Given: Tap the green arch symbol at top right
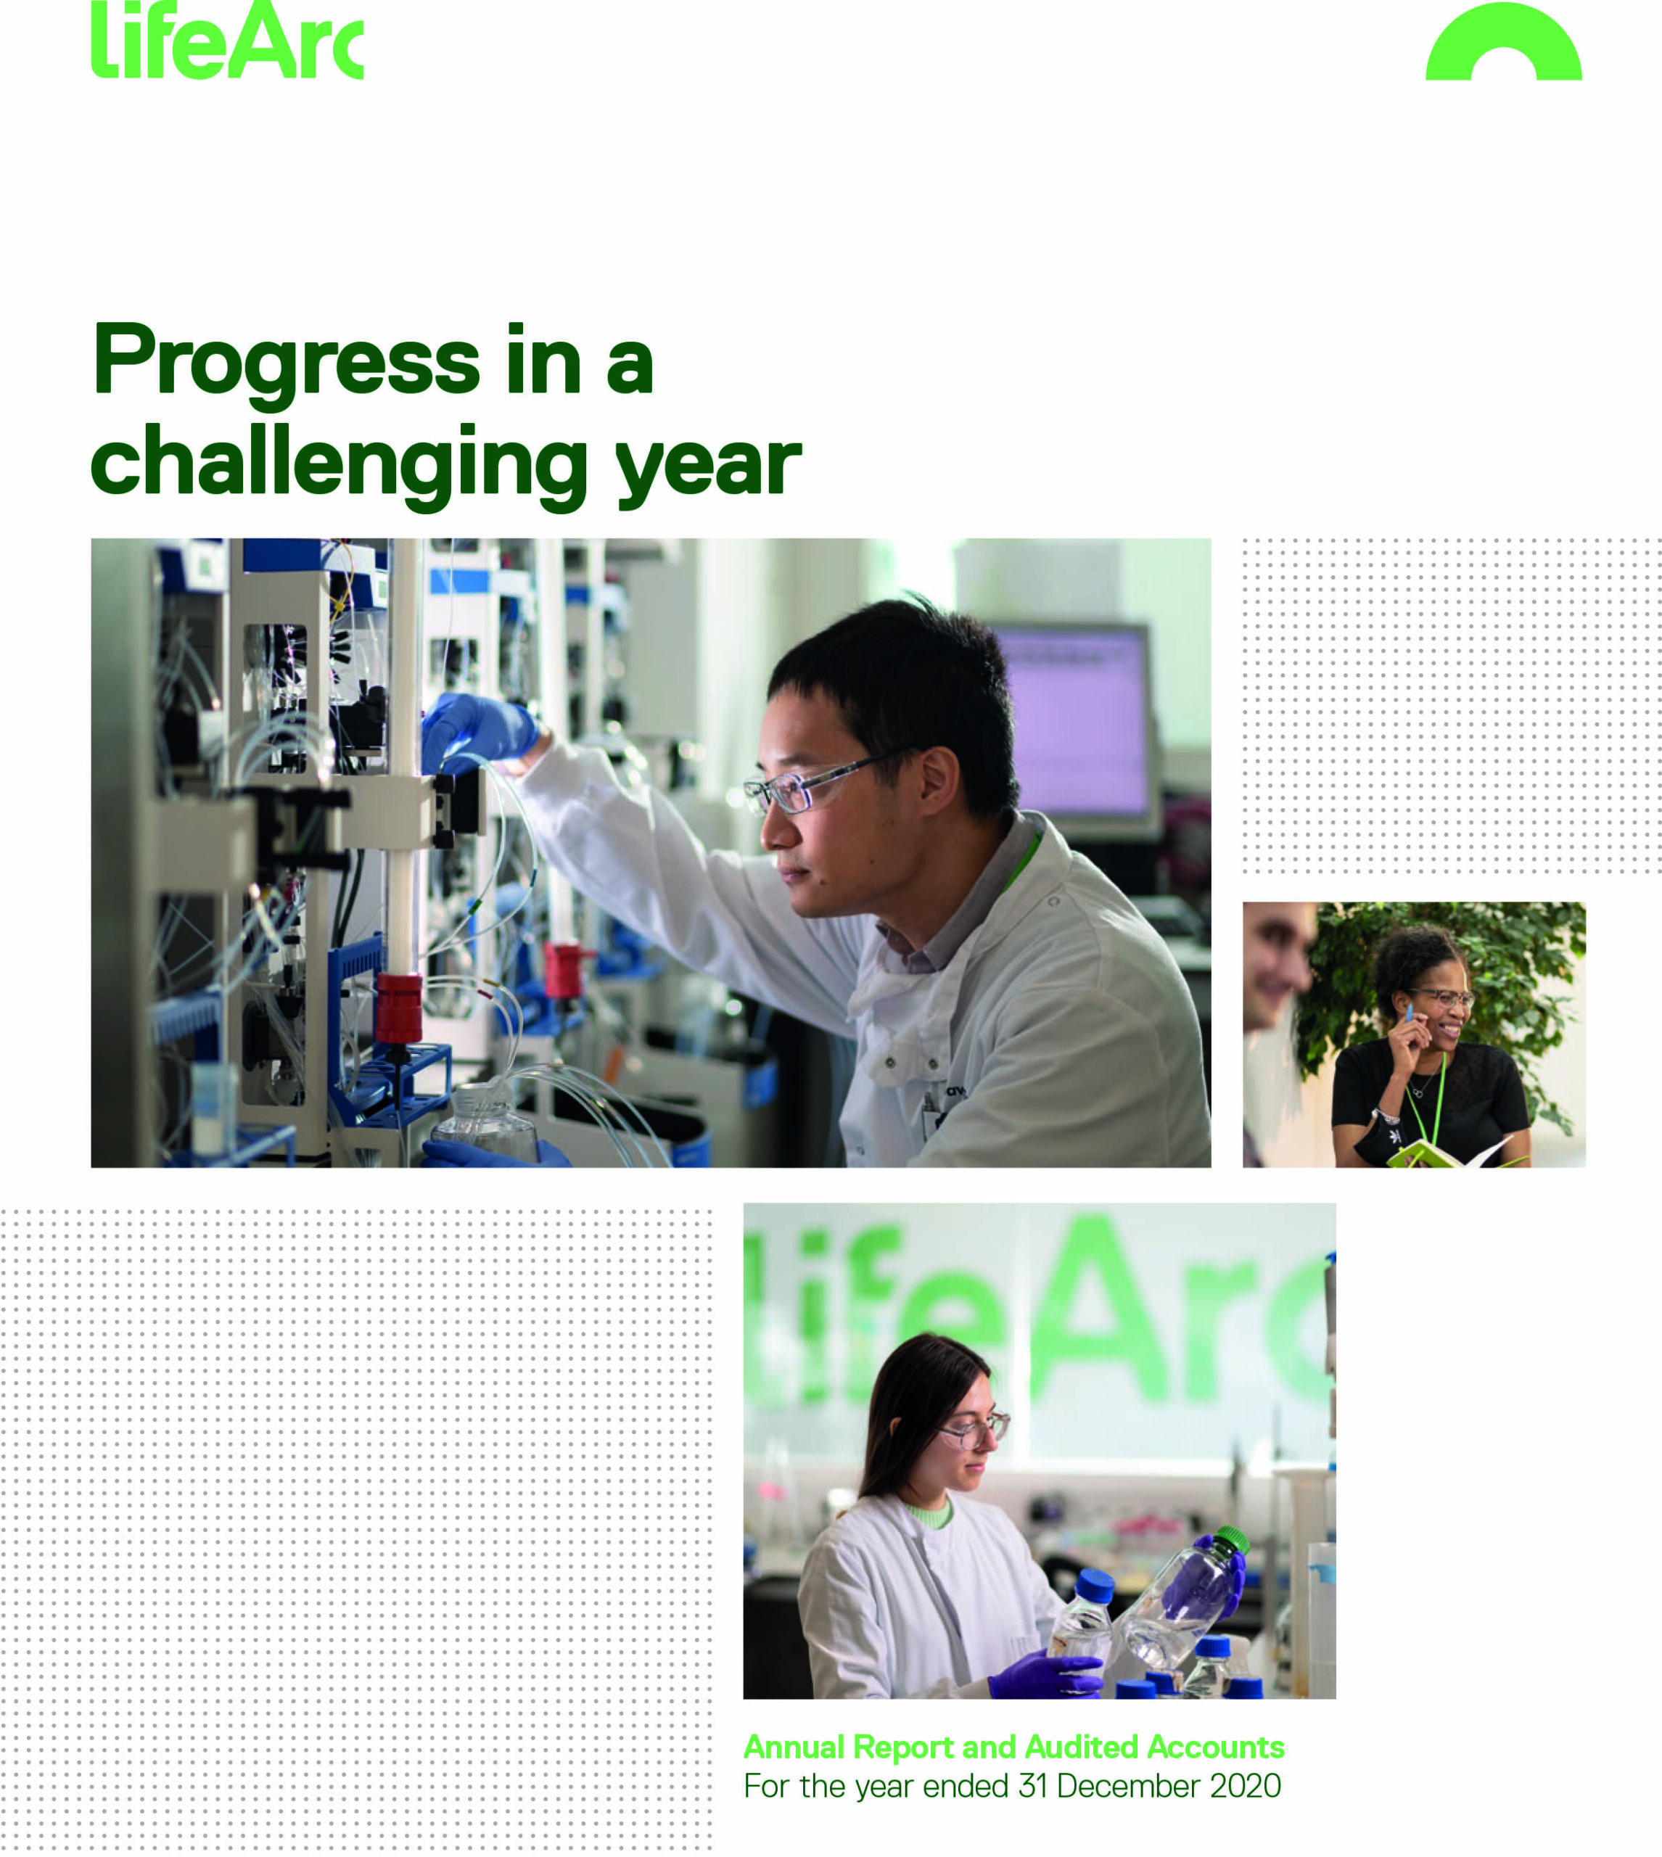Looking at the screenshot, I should click(x=1503, y=46).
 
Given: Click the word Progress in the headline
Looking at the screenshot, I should click(x=285, y=363).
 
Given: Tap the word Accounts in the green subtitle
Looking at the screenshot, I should click(x=1215, y=1747).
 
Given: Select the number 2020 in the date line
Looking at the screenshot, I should click(x=1246, y=1786).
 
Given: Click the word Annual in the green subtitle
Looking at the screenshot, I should click(x=794, y=1747).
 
